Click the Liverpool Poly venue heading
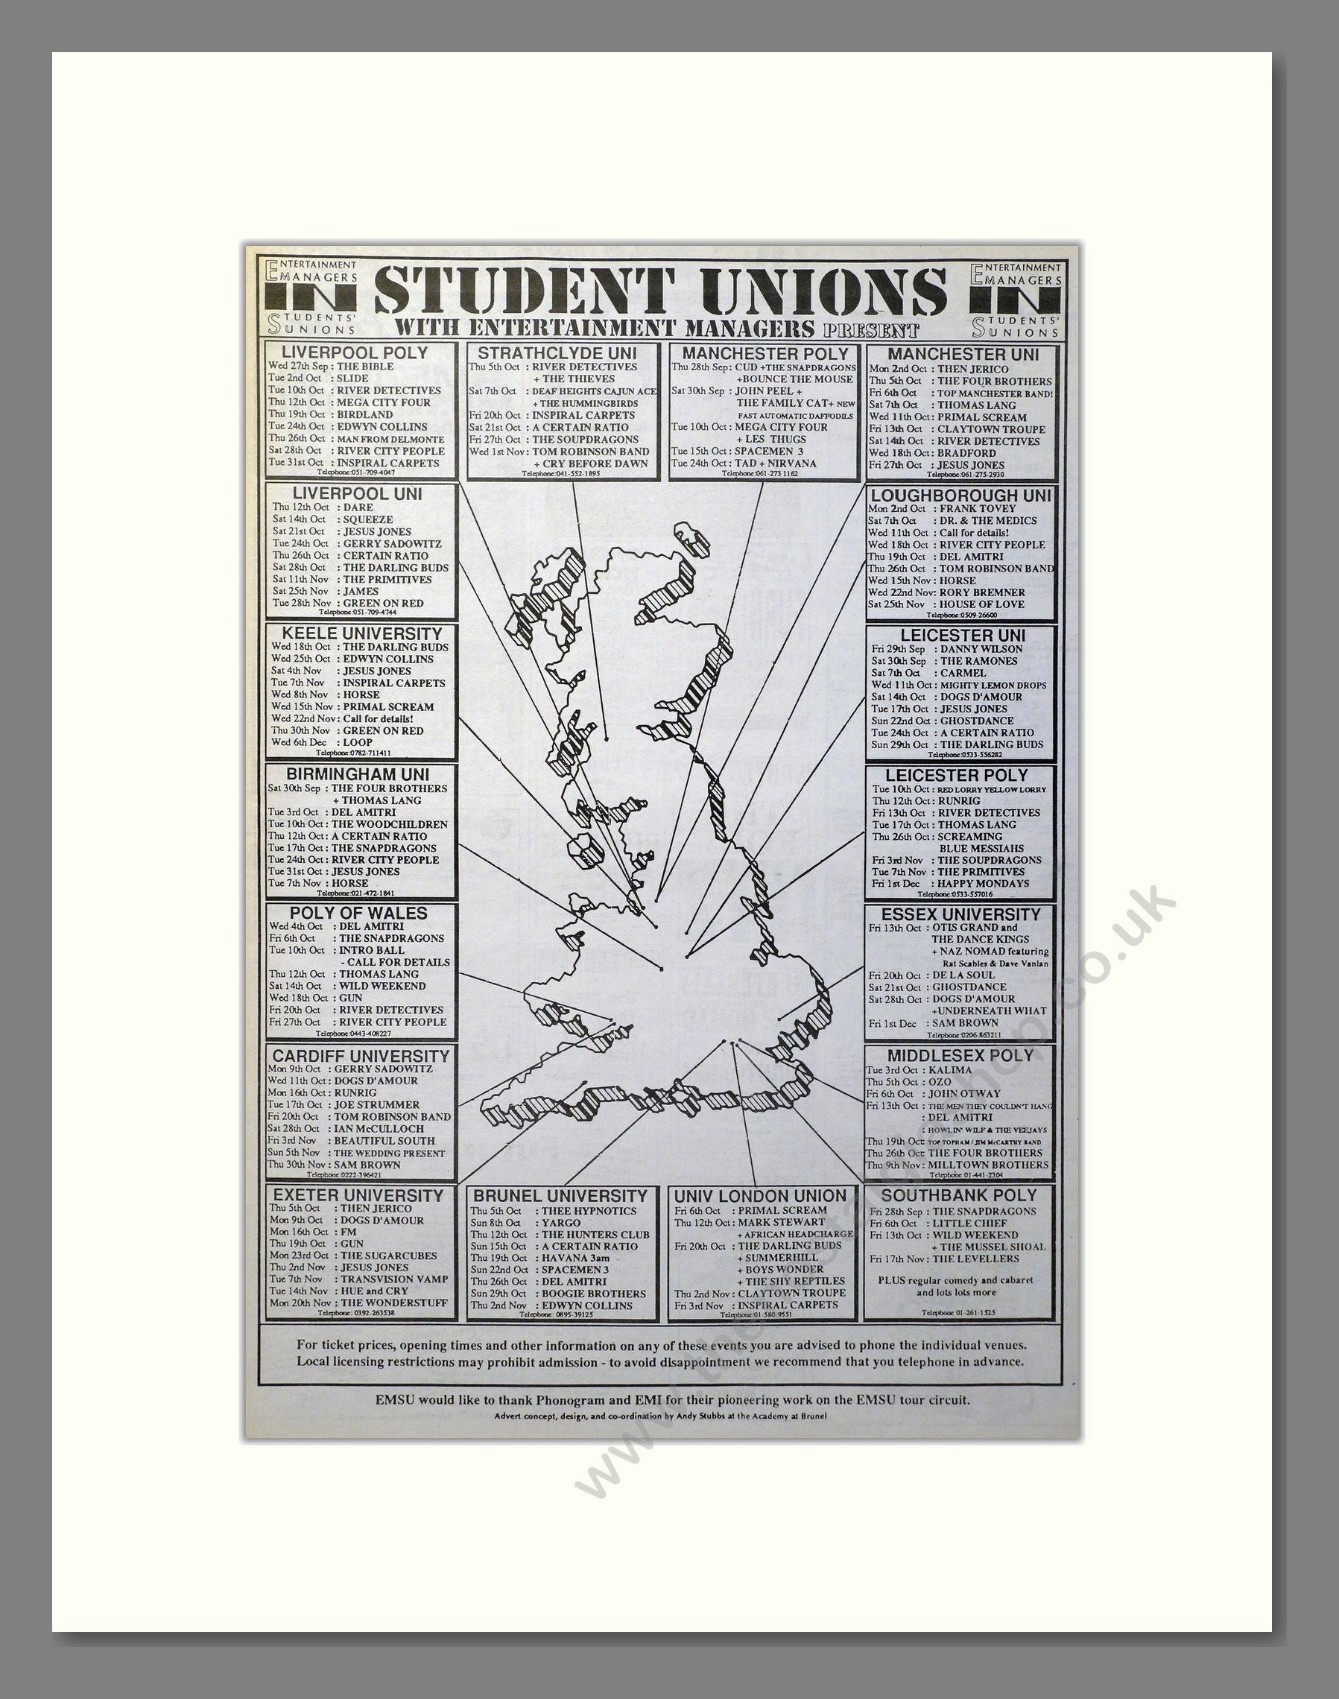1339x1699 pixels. (x=355, y=352)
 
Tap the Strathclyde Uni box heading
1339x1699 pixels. (x=557, y=354)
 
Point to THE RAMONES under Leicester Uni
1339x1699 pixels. (x=978, y=661)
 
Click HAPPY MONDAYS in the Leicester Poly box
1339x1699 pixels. (x=983, y=883)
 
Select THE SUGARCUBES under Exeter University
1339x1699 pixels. (x=388, y=1255)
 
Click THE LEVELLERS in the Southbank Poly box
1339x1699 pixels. (x=976, y=1259)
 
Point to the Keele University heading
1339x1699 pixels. (x=362, y=633)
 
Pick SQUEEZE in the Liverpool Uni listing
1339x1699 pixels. (x=367, y=519)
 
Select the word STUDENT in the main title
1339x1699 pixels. (x=524, y=291)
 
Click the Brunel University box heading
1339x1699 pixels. (x=560, y=1196)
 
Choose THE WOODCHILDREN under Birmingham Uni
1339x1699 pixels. (x=390, y=824)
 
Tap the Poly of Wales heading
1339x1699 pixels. (x=358, y=914)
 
